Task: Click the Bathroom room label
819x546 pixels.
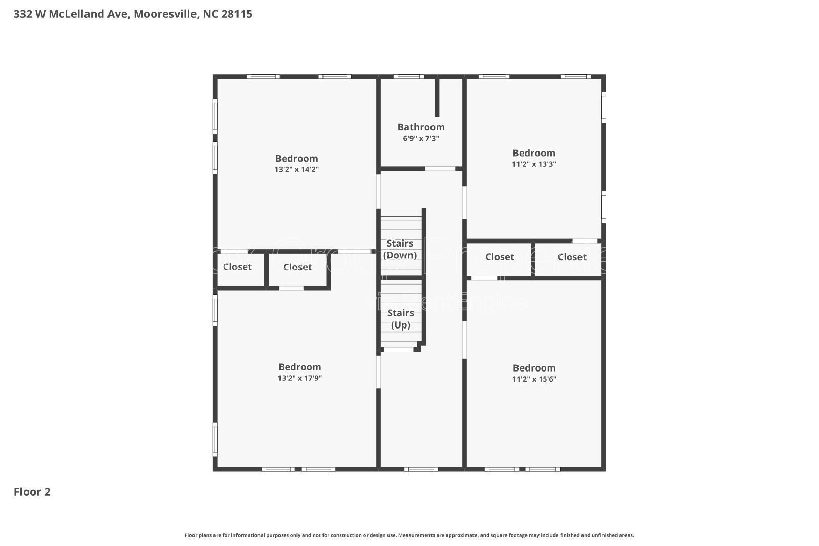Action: tap(421, 127)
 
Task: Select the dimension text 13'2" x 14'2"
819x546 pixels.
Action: tap(296, 169)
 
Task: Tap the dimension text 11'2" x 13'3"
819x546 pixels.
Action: tap(534, 164)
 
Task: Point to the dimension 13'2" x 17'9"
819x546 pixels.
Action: tap(299, 378)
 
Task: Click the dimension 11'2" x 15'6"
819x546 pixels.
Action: tap(534, 379)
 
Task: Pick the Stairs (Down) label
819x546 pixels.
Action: tap(400, 249)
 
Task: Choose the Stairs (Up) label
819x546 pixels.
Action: tap(400, 319)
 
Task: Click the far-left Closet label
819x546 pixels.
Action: tap(237, 267)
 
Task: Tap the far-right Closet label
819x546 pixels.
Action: tap(572, 257)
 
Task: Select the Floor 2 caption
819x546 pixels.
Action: tap(32, 492)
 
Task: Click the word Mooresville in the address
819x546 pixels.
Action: tap(165, 14)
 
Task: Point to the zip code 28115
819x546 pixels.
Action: tap(236, 14)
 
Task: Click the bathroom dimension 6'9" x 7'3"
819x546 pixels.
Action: tap(421, 139)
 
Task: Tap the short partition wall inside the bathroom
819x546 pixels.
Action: tap(437, 97)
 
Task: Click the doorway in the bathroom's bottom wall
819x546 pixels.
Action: tap(440, 168)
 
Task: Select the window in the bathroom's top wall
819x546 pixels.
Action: tap(408, 77)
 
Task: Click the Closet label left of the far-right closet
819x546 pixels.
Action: tap(500, 257)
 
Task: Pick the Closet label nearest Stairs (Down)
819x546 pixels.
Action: tap(297, 267)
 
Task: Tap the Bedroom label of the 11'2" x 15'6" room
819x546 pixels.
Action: tap(534, 368)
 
